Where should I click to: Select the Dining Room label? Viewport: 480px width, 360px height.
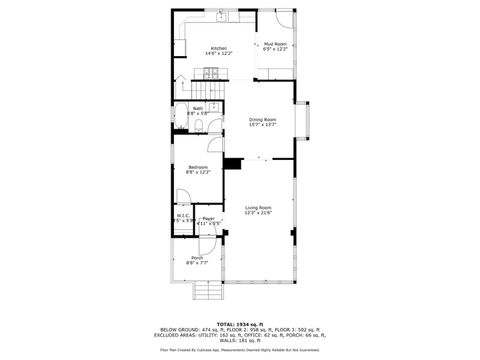point(262,119)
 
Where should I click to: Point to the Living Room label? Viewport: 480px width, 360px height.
point(258,207)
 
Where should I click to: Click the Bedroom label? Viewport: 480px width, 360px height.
point(199,167)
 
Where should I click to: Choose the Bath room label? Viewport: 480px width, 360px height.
point(198,108)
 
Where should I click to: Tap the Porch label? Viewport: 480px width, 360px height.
point(195,258)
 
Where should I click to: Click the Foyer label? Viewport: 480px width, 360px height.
point(208,217)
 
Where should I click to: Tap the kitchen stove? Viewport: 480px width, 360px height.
point(212,71)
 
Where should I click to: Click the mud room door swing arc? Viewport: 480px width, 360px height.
point(286,18)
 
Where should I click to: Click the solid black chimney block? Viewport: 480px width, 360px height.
point(232,164)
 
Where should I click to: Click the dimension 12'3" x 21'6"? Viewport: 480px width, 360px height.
point(258,213)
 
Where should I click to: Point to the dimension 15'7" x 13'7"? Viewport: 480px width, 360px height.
point(262,125)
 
